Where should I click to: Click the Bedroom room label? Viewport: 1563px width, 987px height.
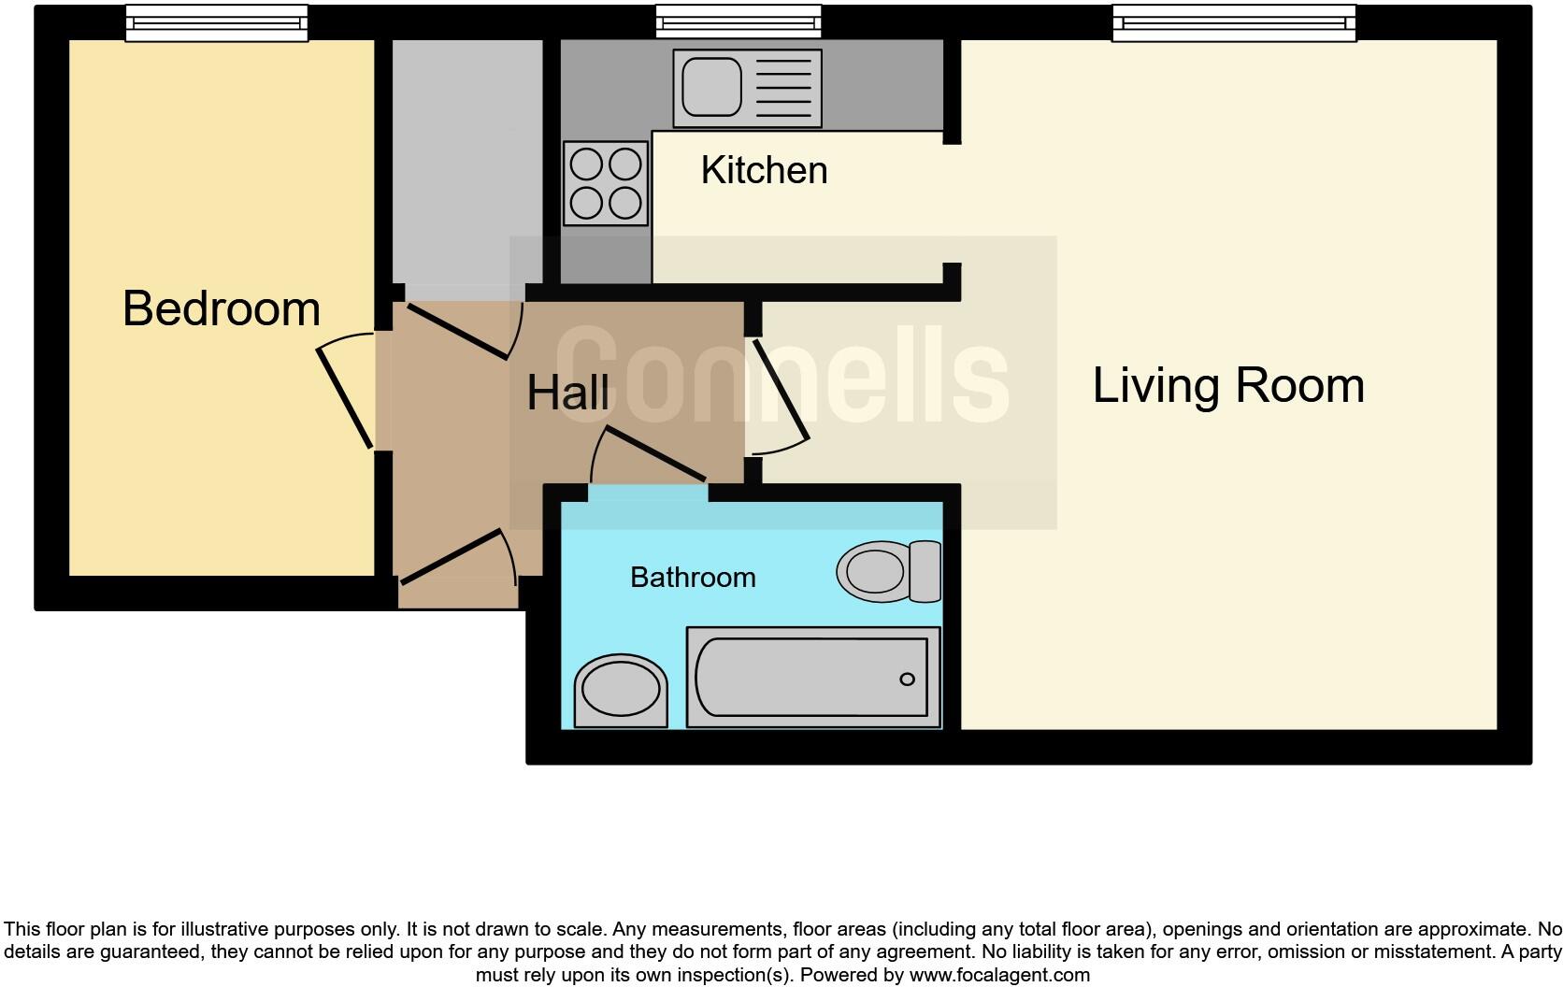tap(222, 308)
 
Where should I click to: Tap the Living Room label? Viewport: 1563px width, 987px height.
tap(1228, 385)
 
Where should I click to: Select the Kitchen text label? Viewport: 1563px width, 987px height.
tap(764, 170)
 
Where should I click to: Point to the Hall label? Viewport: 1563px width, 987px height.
tap(568, 393)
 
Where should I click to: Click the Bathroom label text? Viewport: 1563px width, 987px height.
tap(693, 578)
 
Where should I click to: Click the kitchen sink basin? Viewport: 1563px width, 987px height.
tap(711, 87)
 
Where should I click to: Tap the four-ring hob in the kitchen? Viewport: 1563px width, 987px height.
tap(606, 183)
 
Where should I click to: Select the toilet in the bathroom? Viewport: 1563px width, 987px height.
tap(889, 571)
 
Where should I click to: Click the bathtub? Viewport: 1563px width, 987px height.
tap(813, 677)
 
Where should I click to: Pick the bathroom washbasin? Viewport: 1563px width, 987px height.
tap(621, 691)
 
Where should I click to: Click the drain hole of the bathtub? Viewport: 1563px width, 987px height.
tap(907, 679)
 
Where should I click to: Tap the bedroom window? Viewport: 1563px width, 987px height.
tap(217, 23)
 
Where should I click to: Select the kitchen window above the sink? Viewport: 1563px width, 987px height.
tap(738, 21)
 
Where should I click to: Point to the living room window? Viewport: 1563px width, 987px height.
tap(1234, 23)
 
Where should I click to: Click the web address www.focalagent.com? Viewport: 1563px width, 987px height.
tap(999, 975)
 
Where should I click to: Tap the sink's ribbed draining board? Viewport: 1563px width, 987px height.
tap(783, 88)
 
